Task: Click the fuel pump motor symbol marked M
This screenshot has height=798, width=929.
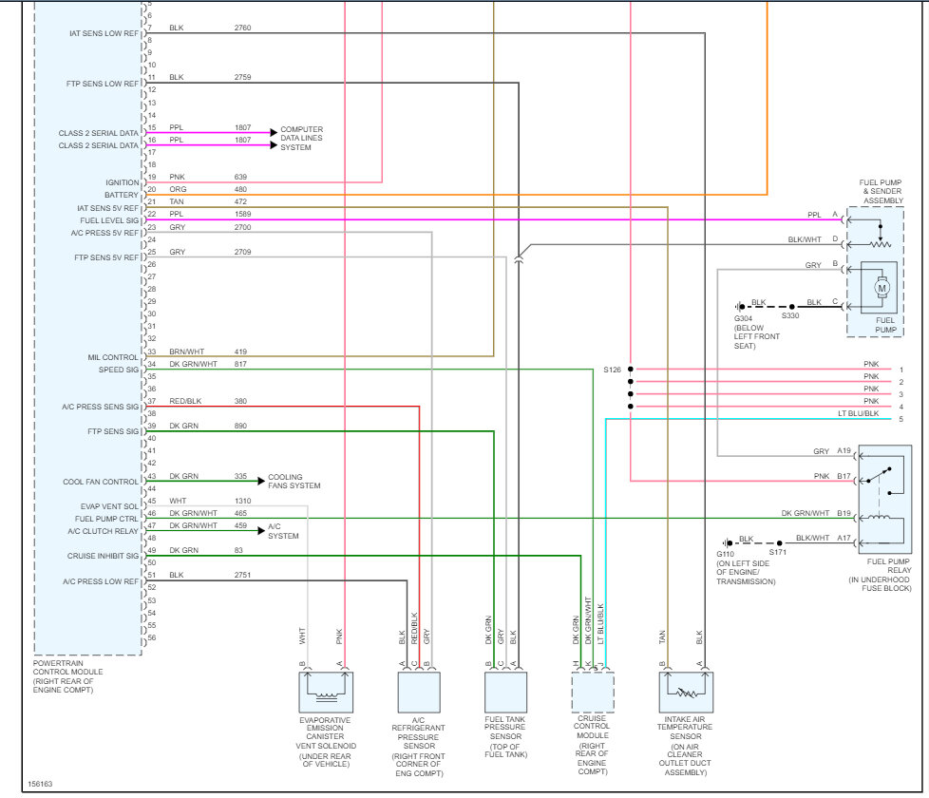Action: click(x=881, y=287)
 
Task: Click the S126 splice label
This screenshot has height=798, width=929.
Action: click(x=611, y=369)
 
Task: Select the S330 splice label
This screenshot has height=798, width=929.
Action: click(x=790, y=316)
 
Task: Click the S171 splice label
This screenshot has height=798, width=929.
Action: click(x=778, y=552)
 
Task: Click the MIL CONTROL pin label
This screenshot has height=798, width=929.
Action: click(x=114, y=357)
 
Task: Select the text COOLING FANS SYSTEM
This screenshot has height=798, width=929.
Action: click(x=294, y=482)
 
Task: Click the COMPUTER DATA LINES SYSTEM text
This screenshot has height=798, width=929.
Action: click(x=302, y=139)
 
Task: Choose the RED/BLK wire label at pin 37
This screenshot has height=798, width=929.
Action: click(x=185, y=401)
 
